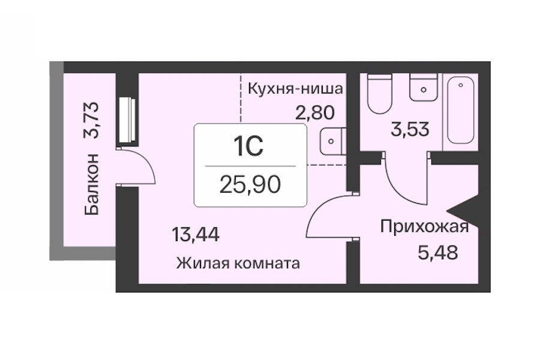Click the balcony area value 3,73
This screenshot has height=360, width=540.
(91, 120)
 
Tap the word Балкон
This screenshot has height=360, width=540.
(91, 184)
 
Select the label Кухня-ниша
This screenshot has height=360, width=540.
(295, 89)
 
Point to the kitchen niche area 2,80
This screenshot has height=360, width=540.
(315, 112)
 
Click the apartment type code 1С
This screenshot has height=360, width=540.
(249, 146)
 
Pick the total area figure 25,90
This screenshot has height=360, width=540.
(250, 184)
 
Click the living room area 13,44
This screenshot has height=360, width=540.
(195, 235)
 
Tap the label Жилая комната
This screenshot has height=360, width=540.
(238, 263)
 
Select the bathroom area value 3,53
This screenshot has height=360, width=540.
(410, 129)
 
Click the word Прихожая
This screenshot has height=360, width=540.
(425, 227)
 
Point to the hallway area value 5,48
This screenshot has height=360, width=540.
(438, 253)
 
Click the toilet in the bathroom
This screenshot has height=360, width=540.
(380, 94)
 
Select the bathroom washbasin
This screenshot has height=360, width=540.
(424, 87)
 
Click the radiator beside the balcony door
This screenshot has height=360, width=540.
(127, 119)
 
